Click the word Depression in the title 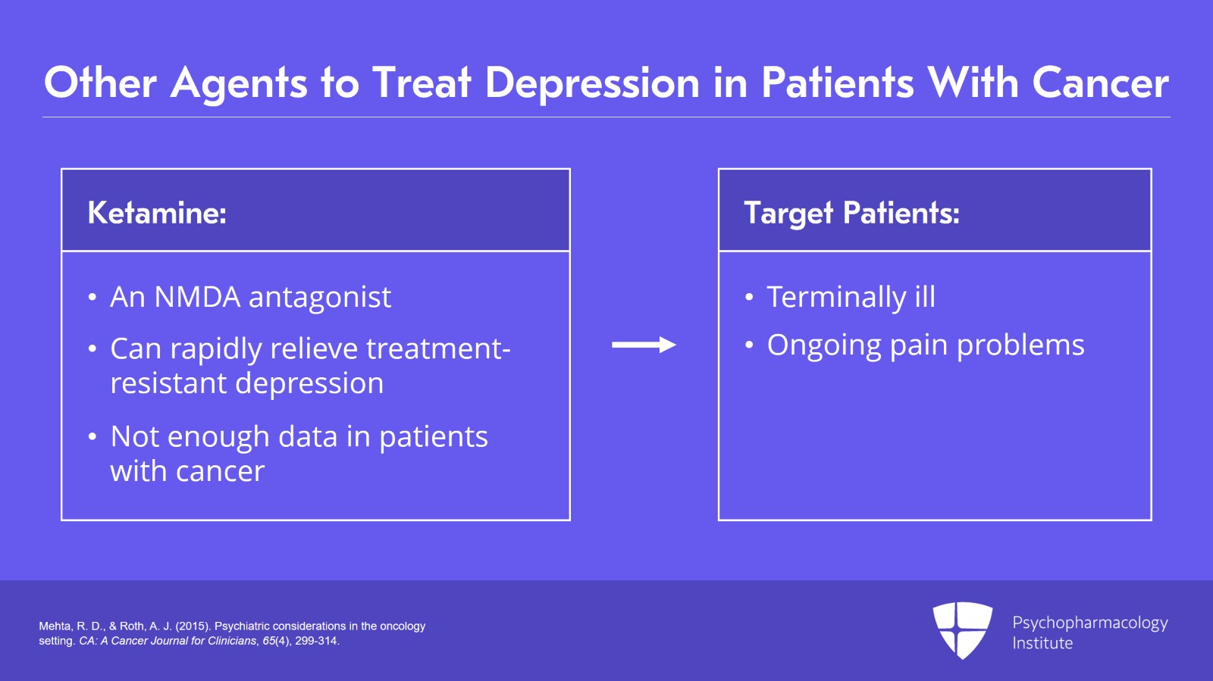[591, 83]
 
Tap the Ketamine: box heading [157, 213]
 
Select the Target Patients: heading [851, 213]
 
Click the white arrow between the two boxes [644, 345]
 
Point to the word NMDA [197, 297]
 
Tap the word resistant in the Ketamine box [168, 383]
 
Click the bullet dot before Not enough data [92, 437]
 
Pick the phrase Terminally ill [851, 297]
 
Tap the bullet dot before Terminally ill [749, 298]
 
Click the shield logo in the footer [962, 629]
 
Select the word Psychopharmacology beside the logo [1089, 623]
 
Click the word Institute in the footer [1042, 643]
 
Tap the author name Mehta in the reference [54, 626]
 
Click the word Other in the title [100, 83]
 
